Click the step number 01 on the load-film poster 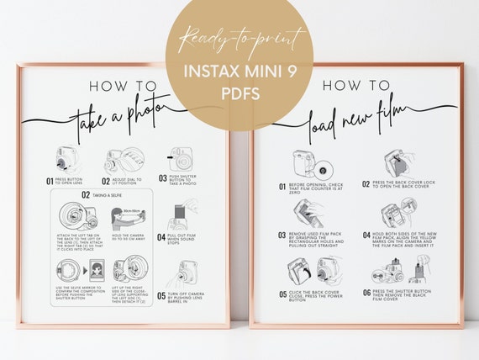coord(282,186)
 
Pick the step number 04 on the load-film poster coord(366,236)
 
